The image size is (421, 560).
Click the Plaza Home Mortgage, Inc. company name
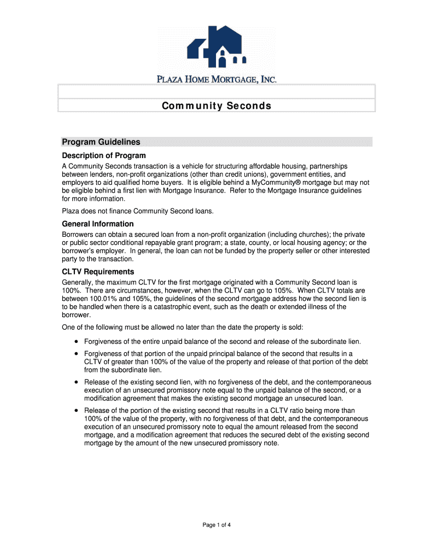click(x=217, y=79)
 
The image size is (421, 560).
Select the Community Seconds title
click(x=217, y=106)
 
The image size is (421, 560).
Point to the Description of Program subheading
click(x=104, y=155)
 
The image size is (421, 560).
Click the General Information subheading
click(x=98, y=224)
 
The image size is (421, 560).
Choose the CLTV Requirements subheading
click(x=98, y=272)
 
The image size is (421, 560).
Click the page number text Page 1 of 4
click(x=217, y=525)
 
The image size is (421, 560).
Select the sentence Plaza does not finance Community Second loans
click(x=137, y=211)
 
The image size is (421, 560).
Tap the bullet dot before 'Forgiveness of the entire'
click(x=76, y=342)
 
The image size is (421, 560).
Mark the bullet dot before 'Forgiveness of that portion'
click(x=76, y=354)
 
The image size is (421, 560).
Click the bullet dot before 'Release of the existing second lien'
click(x=76, y=382)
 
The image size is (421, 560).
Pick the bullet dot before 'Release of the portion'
click(x=76, y=411)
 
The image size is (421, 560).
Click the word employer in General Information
click(x=112, y=250)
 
